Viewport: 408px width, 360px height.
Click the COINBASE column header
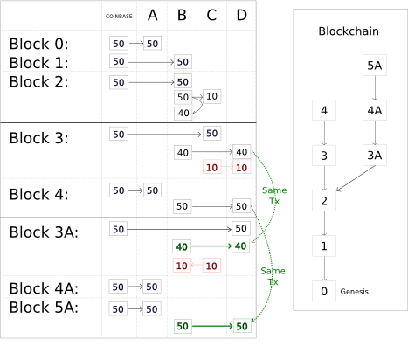pyautogui.click(x=119, y=17)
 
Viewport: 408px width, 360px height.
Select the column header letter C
pyautogui.click(x=211, y=15)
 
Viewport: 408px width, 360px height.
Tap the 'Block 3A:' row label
pyautogui.click(x=44, y=232)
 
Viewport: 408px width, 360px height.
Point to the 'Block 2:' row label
pyautogui.click(x=39, y=81)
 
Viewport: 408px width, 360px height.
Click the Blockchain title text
pyautogui.click(x=349, y=31)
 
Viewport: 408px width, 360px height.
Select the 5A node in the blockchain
pyautogui.click(x=375, y=66)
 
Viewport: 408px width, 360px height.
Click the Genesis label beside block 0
pyautogui.click(x=354, y=292)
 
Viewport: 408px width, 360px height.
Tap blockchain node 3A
pyautogui.click(x=375, y=156)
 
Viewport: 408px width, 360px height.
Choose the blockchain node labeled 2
pyautogui.click(x=324, y=201)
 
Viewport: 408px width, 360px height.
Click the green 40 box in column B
pyautogui.click(x=182, y=246)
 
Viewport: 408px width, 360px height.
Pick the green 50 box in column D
pyautogui.click(x=242, y=326)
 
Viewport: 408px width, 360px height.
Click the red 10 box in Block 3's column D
pyautogui.click(x=241, y=168)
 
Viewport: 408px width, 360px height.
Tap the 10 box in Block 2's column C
pyautogui.click(x=211, y=96)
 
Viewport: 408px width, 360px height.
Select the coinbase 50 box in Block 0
pyautogui.click(x=119, y=44)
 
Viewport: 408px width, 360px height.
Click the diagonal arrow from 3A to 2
pyautogui.click(x=356, y=178)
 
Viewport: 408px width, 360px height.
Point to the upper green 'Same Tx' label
pyautogui.click(x=274, y=196)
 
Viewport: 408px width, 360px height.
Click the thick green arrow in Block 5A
pyautogui.click(x=212, y=326)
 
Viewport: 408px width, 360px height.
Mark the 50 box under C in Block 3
pyautogui.click(x=211, y=134)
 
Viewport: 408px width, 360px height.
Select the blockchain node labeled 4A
pyautogui.click(x=375, y=110)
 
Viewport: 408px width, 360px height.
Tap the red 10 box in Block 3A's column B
pyautogui.click(x=182, y=266)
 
